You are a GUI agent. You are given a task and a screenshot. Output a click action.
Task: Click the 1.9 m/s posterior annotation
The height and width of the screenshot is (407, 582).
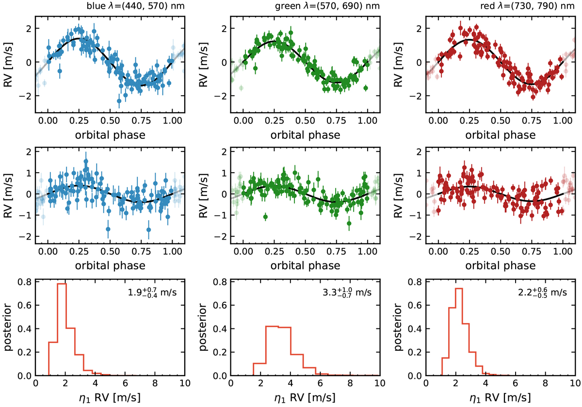point(155,293)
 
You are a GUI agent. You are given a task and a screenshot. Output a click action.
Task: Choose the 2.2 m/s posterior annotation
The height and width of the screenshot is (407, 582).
point(546,293)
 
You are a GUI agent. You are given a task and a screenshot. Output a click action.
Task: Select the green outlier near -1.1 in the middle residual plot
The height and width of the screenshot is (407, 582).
point(265,217)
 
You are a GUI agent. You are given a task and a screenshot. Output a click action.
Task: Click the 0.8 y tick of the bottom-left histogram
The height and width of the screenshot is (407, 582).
point(25,281)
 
